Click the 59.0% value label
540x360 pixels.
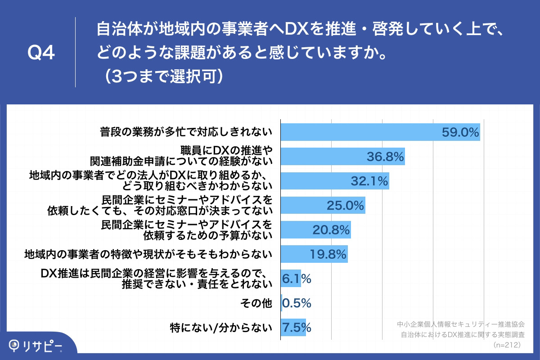click(x=459, y=132)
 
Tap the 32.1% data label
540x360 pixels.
click(x=369, y=181)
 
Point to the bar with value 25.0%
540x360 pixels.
click(x=323, y=205)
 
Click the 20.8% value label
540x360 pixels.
click(x=331, y=230)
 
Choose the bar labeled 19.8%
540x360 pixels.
click(x=314, y=254)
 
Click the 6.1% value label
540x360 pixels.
click(x=296, y=279)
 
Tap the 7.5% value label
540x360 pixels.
click(x=296, y=327)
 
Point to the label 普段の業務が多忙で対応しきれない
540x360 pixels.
click(x=186, y=132)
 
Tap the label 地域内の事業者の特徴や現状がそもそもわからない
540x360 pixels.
click(x=148, y=255)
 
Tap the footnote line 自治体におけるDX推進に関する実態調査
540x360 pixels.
click(x=463, y=334)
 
